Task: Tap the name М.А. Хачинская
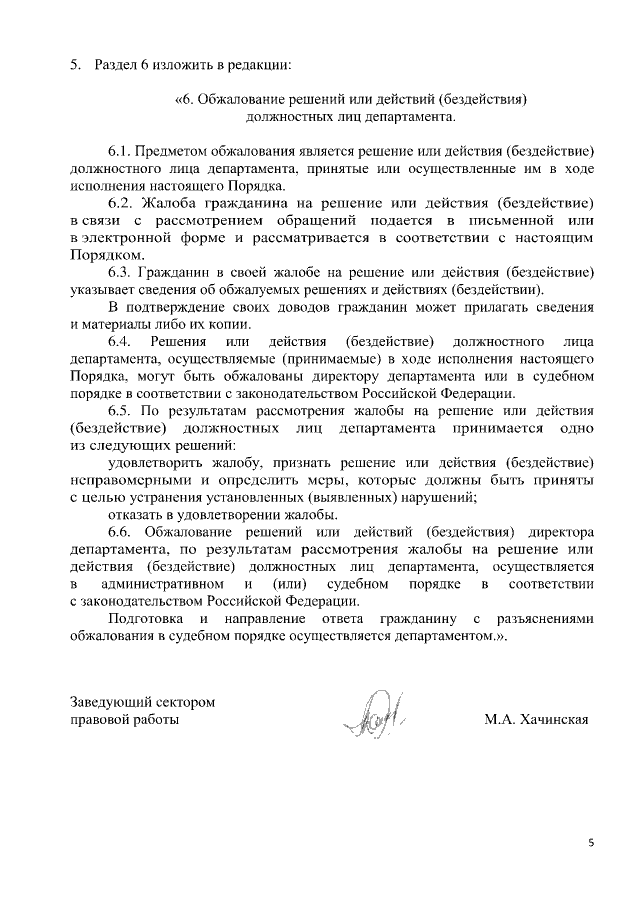(535, 719)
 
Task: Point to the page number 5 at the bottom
(590, 844)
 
